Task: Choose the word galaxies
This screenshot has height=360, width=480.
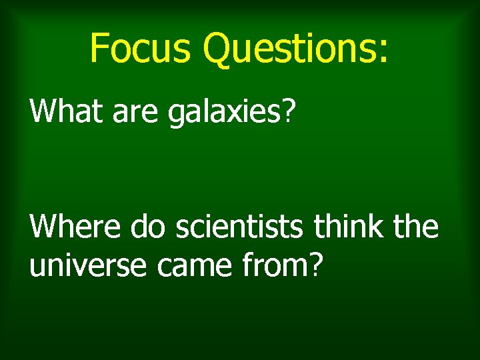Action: [x=225, y=112]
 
